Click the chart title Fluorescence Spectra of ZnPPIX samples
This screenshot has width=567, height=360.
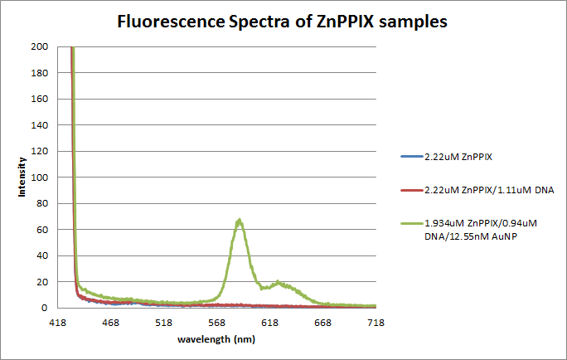pos(283,23)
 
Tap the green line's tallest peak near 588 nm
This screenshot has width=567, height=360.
pos(239,221)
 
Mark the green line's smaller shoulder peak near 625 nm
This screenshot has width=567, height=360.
pos(278,282)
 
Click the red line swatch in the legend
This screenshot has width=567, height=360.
pos(410,190)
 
